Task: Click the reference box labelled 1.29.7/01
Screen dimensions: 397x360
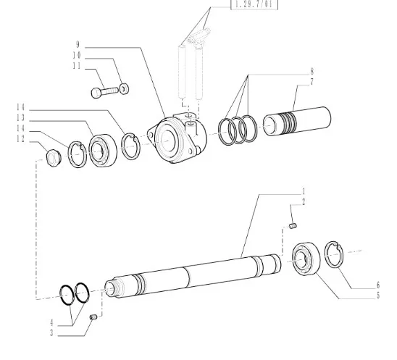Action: pos(254,4)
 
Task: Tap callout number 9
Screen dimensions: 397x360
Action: pos(78,45)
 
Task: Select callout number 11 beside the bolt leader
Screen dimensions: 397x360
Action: pos(77,66)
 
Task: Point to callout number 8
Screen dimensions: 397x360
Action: pos(312,72)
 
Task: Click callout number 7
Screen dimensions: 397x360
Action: pos(312,82)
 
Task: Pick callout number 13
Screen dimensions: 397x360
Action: pos(21,118)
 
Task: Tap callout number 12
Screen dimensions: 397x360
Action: pos(21,139)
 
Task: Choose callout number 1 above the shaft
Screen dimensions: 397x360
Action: pos(304,191)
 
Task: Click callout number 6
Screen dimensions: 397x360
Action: pos(378,285)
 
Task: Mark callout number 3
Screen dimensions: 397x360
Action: pos(51,332)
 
